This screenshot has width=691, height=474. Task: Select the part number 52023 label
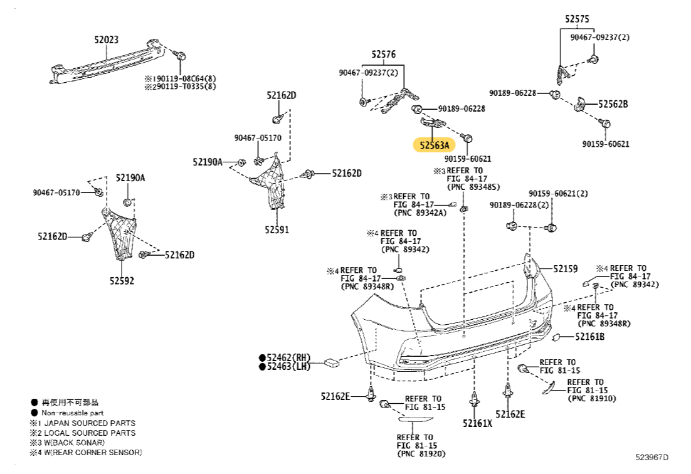tap(107, 39)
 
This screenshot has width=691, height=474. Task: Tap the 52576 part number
tap(383, 55)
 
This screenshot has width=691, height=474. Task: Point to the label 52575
tap(577, 19)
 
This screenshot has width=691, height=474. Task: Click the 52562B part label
tap(613, 104)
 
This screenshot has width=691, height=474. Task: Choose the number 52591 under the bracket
tap(277, 230)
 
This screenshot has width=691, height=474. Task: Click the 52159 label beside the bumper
tap(565, 269)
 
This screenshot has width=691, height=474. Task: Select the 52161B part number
tap(589, 337)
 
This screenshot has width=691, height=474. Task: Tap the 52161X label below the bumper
tap(478, 423)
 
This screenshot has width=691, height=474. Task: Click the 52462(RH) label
tap(289, 357)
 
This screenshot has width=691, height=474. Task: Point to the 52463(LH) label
tap(289, 367)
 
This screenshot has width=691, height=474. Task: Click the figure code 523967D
tap(651, 457)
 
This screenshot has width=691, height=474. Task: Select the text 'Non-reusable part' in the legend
tap(72, 413)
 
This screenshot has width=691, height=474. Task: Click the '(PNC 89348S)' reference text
tap(473, 187)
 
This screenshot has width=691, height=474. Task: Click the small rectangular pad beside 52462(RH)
tap(331, 362)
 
